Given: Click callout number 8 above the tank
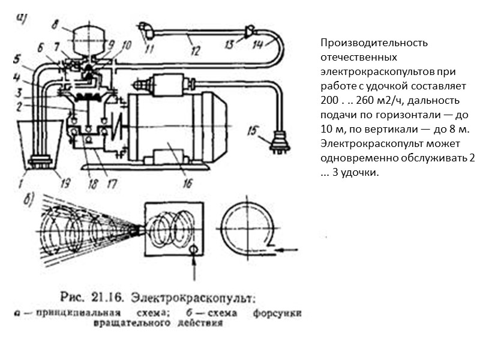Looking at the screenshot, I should pos(55,25).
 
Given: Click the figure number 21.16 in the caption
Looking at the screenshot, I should pos(110,296).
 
